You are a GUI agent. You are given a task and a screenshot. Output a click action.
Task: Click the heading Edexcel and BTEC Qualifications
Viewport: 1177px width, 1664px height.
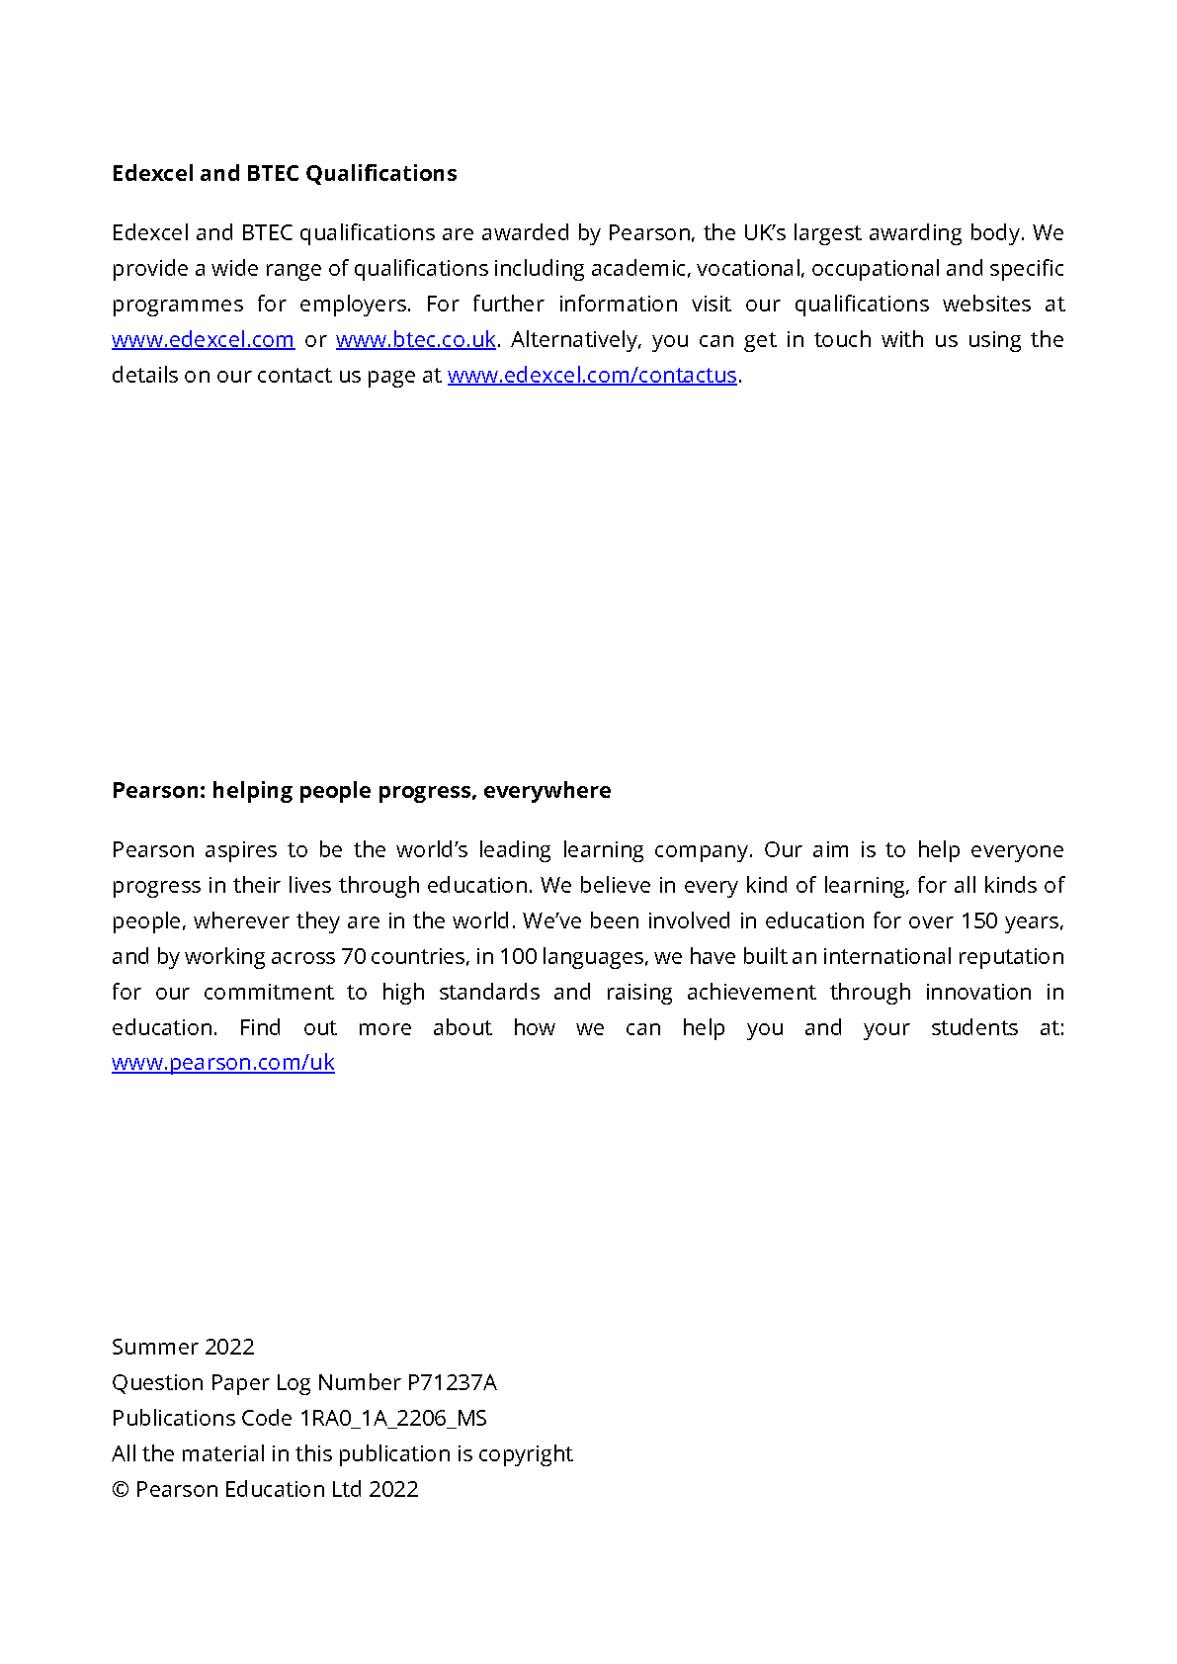point(285,173)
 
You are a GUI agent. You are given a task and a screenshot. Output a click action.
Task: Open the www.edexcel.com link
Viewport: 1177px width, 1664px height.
point(203,339)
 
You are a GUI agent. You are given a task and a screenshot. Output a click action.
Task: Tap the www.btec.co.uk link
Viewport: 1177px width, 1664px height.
point(415,339)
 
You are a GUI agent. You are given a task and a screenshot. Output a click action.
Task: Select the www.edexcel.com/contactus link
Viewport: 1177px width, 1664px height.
point(592,375)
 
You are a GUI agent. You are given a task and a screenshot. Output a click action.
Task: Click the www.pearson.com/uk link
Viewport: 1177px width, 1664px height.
point(223,1062)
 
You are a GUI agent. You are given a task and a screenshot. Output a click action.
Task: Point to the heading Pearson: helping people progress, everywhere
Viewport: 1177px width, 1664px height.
point(361,790)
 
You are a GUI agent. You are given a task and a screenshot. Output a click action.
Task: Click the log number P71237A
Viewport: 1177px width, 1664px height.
point(452,1382)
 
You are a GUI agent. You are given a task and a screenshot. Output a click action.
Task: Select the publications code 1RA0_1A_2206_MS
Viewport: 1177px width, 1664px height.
point(393,1418)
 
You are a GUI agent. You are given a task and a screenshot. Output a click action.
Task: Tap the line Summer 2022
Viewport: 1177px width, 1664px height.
point(183,1347)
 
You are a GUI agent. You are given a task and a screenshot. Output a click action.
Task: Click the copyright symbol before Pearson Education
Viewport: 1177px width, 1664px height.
point(121,1490)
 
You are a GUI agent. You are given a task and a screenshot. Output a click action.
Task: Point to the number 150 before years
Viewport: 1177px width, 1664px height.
point(979,920)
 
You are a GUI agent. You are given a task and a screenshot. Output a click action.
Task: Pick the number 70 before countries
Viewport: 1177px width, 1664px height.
point(353,956)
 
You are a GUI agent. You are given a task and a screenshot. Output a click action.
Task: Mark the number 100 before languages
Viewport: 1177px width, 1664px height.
point(518,956)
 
